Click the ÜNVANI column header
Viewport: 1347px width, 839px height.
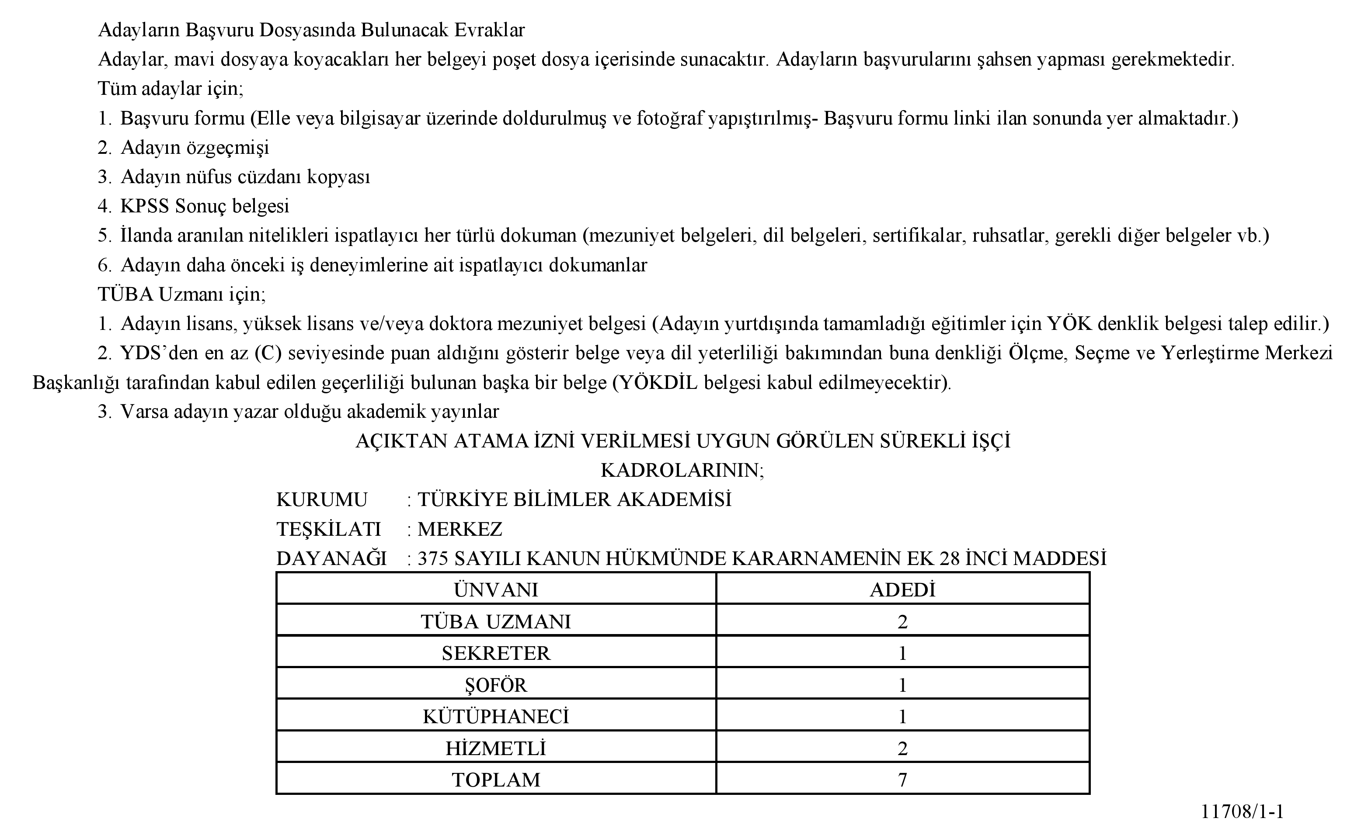(496, 589)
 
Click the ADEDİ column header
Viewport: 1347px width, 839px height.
(902, 589)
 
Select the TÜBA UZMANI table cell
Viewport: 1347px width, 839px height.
(496, 621)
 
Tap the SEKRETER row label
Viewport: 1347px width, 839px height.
(496, 653)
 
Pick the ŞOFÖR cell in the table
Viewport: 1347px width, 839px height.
(496, 685)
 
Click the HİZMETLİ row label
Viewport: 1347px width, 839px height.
(496, 749)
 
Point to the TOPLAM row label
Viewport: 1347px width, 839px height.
(496, 780)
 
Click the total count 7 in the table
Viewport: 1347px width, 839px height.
(902, 780)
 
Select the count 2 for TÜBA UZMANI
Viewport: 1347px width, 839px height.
(902, 621)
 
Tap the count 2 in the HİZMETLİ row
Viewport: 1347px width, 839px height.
(902, 749)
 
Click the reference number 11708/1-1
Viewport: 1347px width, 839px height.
(1242, 811)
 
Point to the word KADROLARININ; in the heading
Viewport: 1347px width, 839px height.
(682, 471)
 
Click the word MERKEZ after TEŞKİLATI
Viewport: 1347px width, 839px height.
(459, 529)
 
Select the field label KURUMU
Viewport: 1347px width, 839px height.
(322, 500)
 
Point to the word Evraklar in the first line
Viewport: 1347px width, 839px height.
(490, 30)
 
